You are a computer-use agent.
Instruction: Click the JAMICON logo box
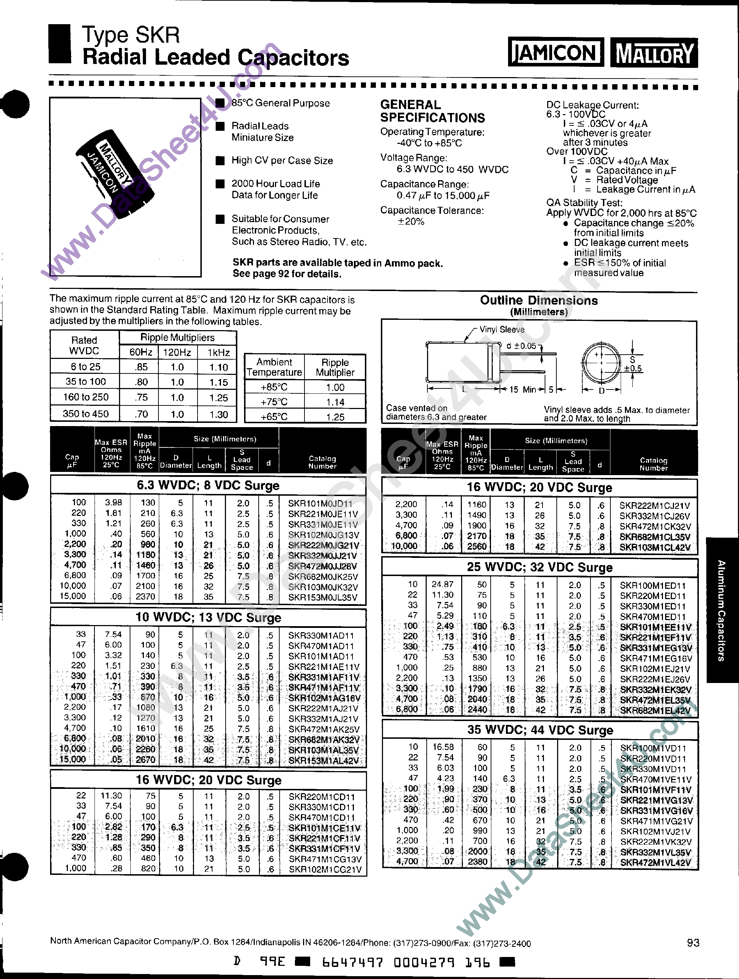point(555,53)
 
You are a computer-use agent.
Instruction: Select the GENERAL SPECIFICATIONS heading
point(432,111)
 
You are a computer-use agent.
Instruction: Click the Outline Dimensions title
point(539,301)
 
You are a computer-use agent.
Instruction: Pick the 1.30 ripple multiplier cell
point(219,415)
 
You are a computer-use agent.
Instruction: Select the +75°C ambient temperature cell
point(274,402)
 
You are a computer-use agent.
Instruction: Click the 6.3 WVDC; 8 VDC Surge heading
point(208,485)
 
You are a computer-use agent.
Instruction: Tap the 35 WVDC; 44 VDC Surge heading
point(540,730)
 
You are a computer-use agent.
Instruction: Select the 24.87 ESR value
point(442,584)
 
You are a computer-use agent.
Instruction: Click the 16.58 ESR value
point(443,747)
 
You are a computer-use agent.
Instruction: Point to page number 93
point(693,943)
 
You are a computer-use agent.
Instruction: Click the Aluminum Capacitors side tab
point(721,610)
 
